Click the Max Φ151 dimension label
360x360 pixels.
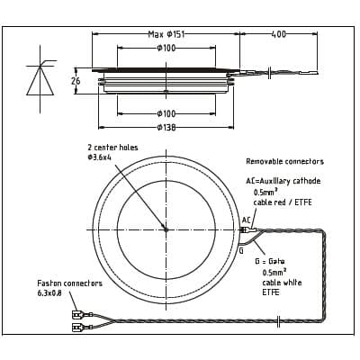[x=166, y=34]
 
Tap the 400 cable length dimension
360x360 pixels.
[x=279, y=34]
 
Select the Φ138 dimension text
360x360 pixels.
[x=166, y=128]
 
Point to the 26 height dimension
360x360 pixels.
[x=76, y=81]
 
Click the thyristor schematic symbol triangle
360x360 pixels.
[x=40, y=81]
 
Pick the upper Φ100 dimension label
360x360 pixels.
[x=166, y=48]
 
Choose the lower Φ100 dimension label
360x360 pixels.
[x=166, y=113]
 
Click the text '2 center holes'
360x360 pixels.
[x=112, y=148]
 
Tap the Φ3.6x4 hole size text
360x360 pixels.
[x=99, y=157]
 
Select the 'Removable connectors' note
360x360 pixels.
[x=285, y=161]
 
